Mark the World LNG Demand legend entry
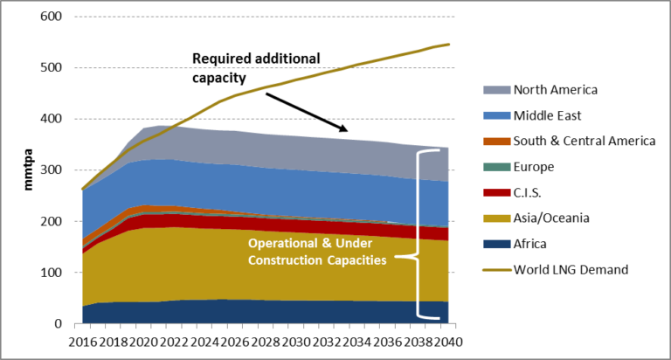point(571,269)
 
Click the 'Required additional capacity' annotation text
point(256,66)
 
